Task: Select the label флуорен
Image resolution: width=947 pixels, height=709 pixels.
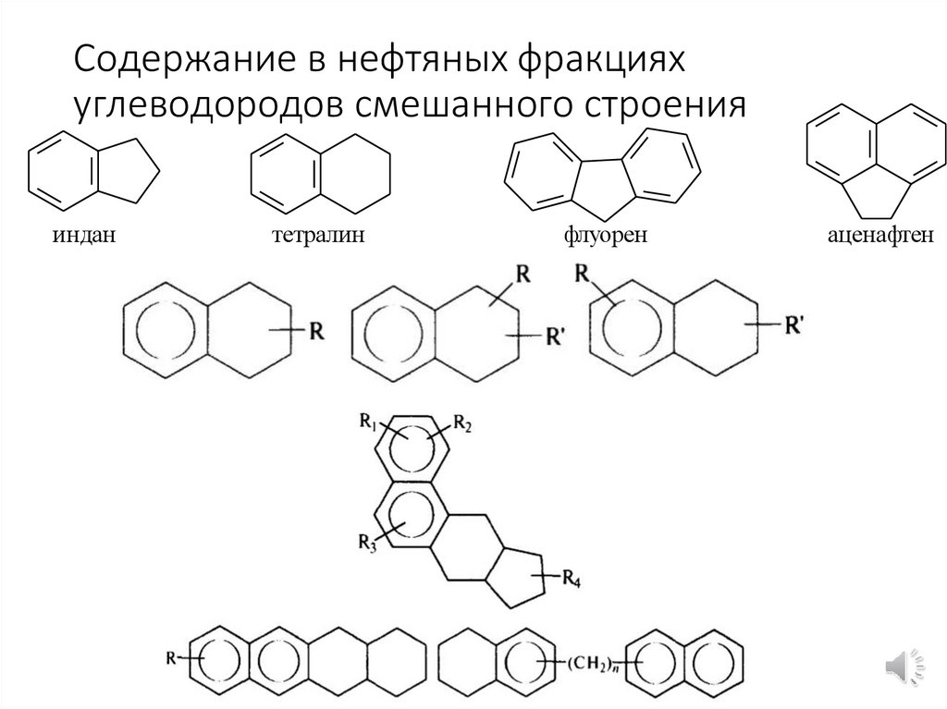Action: pyautogui.click(x=603, y=237)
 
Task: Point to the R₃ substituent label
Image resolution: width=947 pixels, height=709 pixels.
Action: pyautogui.click(x=365, y=542)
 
